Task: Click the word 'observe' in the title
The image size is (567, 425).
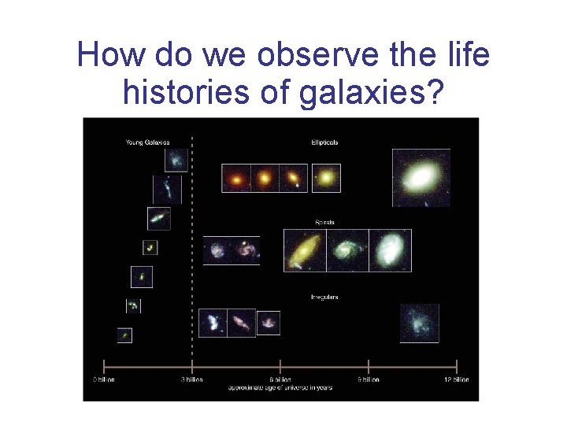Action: pos(305,55)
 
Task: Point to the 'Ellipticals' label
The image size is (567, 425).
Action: pos(324,142)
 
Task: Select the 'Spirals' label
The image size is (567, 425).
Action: pos(324,222)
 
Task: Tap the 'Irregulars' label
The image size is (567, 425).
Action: pos(324,297)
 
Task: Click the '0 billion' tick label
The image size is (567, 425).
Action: pos(105,379)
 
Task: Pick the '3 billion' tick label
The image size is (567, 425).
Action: pos(192,379)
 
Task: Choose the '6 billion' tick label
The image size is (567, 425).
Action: pos(280,379)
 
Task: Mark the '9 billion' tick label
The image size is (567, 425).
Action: pos(369,379)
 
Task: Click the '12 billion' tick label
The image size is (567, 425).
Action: pos(456,379)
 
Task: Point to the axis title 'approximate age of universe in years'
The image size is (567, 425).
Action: pos(280,387)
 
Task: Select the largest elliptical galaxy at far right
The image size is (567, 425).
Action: pos(421,177)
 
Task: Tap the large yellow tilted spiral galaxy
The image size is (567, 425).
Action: pos(304,250)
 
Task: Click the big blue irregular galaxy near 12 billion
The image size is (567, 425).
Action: pos(419,323)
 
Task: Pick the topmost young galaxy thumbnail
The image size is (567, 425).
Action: pos(176,160)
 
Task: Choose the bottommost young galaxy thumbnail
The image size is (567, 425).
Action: pos(124,335)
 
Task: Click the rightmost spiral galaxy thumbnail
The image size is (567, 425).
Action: pos(390,250)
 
